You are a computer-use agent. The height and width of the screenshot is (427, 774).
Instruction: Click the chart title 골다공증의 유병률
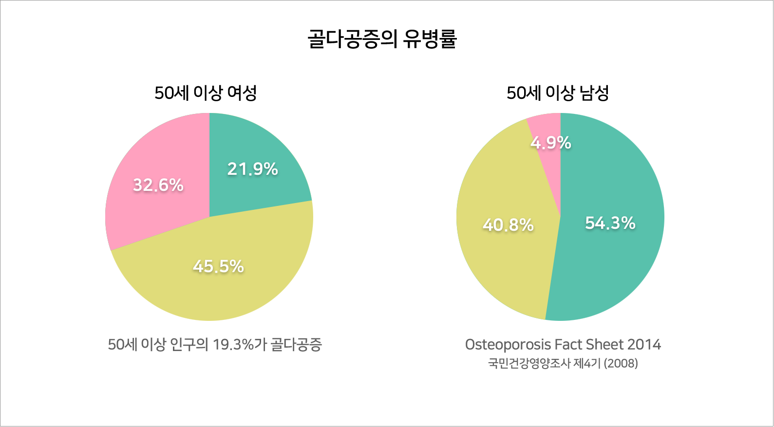pyautogui.click(x=382, y=39)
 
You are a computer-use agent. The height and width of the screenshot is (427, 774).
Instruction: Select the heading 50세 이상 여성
pyautogui.click(x=206, y=93)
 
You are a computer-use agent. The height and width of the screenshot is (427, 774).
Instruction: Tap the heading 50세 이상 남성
pyautogui.click(x=558, y=93)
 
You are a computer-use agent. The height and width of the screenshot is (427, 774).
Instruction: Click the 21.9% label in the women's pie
pyautogui.click(x=252, y=169)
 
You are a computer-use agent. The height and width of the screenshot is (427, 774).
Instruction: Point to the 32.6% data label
pyautogui.click(x=158, y=185)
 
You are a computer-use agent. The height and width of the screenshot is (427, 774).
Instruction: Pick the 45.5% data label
pyautogui.click(x=218, y=266)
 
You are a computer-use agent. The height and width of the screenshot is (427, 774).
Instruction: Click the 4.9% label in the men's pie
pyautogui.click(x=551, y=143)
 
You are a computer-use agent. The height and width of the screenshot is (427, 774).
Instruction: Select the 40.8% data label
pyautogui.click(x=508, y=225)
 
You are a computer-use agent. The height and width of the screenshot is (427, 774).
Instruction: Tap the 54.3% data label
pyautogui.click(x=610, y=223)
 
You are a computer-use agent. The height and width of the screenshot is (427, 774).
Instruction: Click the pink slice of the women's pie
pyautogui.click(x=146, y=214)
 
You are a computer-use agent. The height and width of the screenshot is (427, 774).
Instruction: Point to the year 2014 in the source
pyautogui.click(x=643, y=345)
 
